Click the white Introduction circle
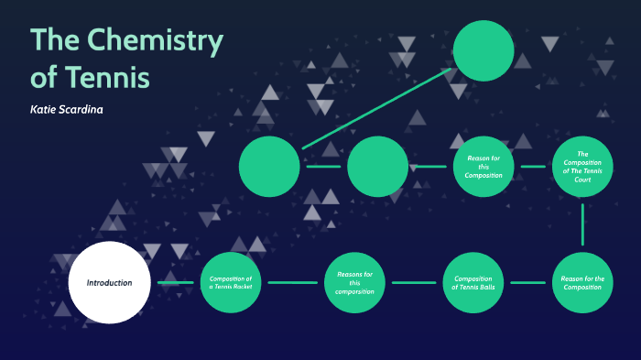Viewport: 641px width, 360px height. [x=109, y=282]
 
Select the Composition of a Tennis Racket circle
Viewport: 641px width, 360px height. [x=231, y=282]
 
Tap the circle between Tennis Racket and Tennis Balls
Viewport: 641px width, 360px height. [x=354, y=282]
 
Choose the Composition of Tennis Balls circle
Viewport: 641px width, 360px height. [x=473, y=282]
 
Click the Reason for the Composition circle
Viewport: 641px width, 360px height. [x=582, y=282]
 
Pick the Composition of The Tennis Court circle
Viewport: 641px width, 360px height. [x=582, y=167]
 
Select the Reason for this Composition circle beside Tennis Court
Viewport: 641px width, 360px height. [x=483, y=167]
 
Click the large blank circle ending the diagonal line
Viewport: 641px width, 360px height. [x=483, y=50]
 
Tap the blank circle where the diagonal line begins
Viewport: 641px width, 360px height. [x=269, y=167]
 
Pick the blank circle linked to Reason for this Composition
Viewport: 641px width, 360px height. [x=377, y=167]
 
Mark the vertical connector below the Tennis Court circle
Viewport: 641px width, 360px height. [x=582, y=224]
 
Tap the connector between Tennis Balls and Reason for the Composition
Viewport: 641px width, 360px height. [x=527, y=282]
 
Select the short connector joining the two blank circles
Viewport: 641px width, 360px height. [x=323, y=167]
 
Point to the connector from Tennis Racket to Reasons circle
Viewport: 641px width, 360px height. [x=292, y=282]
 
